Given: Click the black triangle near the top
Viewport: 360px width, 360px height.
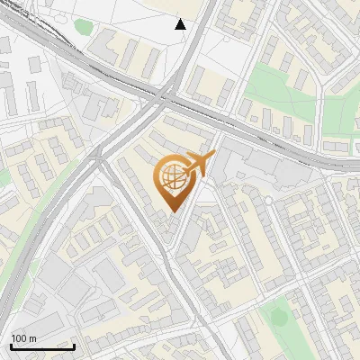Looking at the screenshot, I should click(181, 24).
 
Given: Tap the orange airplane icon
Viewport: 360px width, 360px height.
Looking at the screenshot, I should click(198, 164).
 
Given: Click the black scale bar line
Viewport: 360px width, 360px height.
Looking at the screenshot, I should click(42, 346).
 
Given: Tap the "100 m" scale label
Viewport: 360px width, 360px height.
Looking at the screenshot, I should click(23, 337).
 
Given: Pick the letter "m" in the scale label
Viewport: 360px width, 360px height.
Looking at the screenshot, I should click(32, 337).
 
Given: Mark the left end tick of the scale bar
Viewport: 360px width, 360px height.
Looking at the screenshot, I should click(11, 345).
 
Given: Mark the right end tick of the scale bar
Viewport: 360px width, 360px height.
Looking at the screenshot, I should click(74, 345).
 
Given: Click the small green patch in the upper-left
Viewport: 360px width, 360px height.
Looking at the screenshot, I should click(83, 28).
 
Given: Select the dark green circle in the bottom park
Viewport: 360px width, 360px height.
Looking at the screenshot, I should click(280, 317).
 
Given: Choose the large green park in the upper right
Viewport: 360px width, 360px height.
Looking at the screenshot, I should click(279, 90).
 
